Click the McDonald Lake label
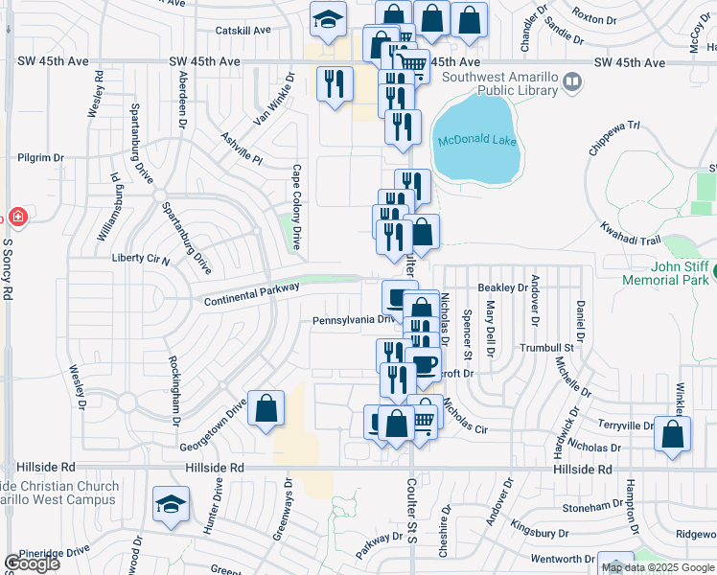point(477,141)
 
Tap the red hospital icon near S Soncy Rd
point(16,217)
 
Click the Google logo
point(32,563)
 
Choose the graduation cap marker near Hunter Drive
point(171,504)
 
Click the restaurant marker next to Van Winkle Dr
point(335,84)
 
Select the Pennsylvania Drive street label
point(354,320)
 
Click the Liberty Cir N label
point(141,260)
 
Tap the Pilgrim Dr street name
point(40,157)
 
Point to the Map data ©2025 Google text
point(657,567)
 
